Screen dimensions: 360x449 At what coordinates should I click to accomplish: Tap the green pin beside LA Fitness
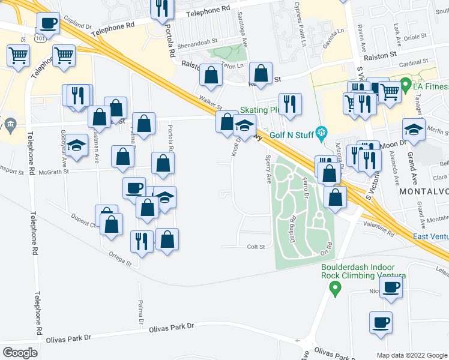pos(405,84)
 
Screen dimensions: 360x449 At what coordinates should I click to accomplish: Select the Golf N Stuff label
pos(293,134)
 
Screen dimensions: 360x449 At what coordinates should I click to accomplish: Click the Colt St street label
pos(255,247)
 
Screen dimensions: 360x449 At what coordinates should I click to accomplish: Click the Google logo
pos(20,353)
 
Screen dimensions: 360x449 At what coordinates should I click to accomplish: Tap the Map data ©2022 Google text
pos(412,355)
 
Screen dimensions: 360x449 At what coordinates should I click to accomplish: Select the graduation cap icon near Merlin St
pos(413,130)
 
